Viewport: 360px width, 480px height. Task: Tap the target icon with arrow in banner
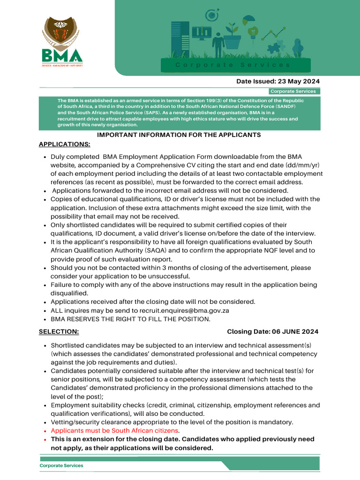[x=212, y=15]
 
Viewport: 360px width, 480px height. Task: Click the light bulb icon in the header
[x=254, y=32]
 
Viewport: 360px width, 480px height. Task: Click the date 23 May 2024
[x=295, y=81]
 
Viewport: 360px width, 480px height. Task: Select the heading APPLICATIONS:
[x=64, y=144]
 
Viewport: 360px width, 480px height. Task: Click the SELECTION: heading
[x=59, y=331]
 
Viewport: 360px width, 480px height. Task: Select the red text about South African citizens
[x=115, y=430]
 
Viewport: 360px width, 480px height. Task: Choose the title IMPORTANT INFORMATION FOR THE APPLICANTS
[x=179, y=135]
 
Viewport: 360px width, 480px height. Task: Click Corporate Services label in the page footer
[x=61, y=465]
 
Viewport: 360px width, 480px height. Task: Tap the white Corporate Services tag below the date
[x=293, y=91]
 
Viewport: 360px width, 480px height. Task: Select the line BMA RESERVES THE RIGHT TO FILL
[x=131, y=319]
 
